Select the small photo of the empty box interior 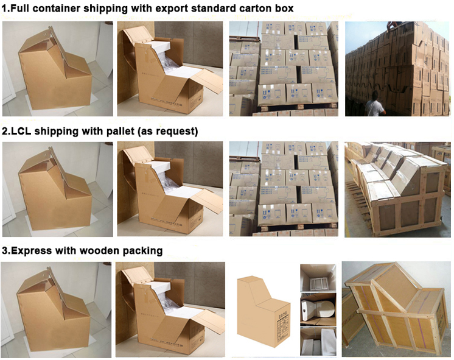coord(318,278)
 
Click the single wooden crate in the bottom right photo coord(396,311)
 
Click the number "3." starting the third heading coord(6,250)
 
